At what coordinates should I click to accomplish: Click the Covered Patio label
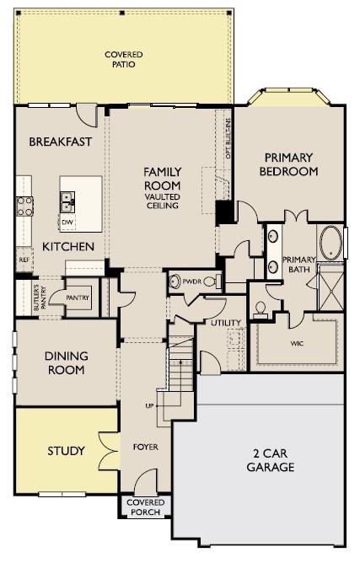tap(124, 59)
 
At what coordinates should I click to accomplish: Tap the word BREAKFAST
tap(61, 142)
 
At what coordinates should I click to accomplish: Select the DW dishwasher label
tap(67, 223)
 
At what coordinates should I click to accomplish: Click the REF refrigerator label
tap(24, 260)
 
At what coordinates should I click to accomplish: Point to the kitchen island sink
tap(67, 201)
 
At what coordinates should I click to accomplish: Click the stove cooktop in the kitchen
tap(24, 206)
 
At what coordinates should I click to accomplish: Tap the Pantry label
tap(78, 298)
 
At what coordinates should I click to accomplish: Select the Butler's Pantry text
tap(39, 298)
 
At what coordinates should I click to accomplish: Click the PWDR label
tap(192, 281)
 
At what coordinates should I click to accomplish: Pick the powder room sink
tap(175, 281)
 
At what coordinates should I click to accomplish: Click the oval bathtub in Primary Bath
tap(330, 243)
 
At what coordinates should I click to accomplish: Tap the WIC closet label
tap(297, 344)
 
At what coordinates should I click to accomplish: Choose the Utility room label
tap(226, 323)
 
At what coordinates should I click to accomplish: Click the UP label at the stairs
tap(149, 405)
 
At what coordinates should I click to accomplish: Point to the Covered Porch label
tap(146, 507)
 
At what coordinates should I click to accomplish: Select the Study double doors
tap(109, 451)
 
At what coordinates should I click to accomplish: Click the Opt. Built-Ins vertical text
tap(228, 138)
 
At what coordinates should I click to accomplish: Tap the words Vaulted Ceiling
tap(163, 201)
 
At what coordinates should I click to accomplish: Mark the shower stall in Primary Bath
tap(330, 287)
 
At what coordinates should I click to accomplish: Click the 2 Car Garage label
tap(271, 460)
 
